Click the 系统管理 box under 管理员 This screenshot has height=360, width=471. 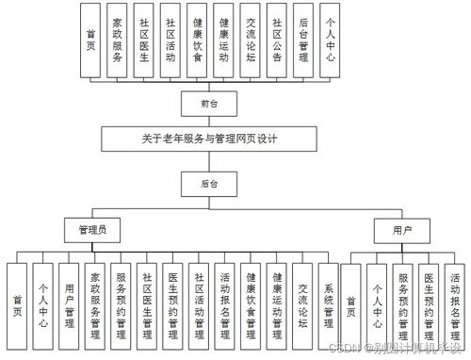pos(329,302)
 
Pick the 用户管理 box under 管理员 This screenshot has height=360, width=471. pos(68,302)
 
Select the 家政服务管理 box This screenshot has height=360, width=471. pos(94,302)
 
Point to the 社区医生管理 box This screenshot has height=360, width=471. pos(146,302)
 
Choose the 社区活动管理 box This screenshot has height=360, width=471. pos(199,302)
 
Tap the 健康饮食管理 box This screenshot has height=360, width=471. pos(251,302)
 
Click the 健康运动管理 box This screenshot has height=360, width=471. pos(277,302)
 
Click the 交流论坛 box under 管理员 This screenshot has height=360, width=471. pos(302,302)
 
